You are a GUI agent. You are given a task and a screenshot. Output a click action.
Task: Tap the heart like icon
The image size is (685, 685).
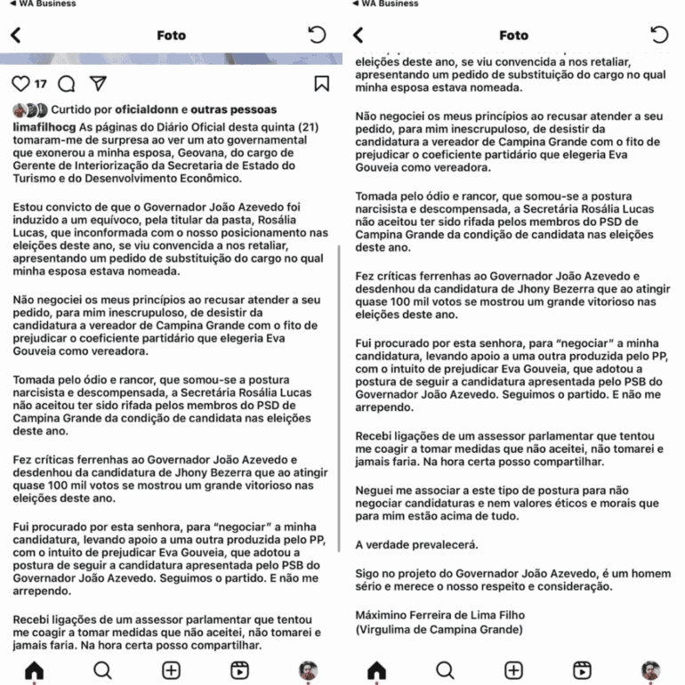pyautogui.click(x=21, y=84)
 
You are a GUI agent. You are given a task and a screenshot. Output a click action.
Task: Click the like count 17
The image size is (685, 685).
pyautogui.click(x=41, y=85)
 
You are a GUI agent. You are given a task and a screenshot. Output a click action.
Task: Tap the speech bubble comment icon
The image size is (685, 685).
pyautogui.click(x=66, y=84)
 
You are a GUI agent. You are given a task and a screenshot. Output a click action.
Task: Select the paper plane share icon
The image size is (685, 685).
pyautogui.click(x=98, y=84)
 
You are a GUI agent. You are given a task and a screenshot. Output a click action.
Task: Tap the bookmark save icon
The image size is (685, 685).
pyautogui.click(x=321, y=84)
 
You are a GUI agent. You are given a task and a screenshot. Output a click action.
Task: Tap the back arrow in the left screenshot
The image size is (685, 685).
pyautogui.click(x=15, y=36)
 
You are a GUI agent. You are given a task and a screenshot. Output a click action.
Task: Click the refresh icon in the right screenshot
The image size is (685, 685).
pyautogui.click(x=659, y=36)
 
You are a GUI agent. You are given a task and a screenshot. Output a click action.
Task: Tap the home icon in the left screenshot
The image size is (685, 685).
pyautogui.click(x=34, y=670)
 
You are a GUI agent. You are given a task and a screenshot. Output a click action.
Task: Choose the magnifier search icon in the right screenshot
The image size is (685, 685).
pyautogui.click(x=445, y=670)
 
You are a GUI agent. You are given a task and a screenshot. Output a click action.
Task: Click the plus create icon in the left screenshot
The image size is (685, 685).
pyautogui.click(x=171, y=670)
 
